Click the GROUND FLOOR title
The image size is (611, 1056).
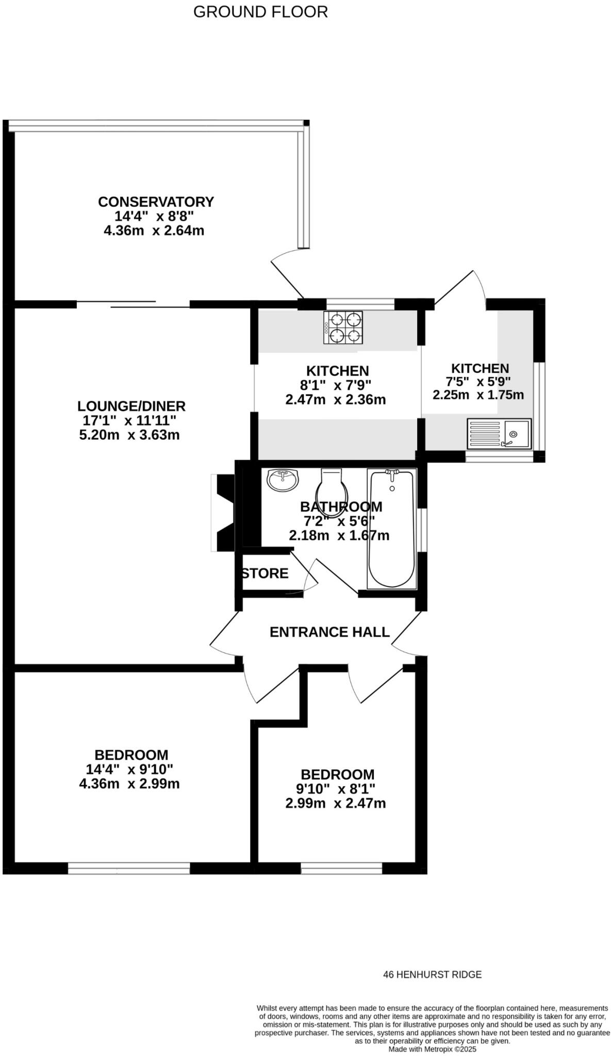[x=260, y=12]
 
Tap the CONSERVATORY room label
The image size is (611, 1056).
[x=156, y=202]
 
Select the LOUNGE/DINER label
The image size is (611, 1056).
[x=131, y=406]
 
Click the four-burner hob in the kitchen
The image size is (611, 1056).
[x=343, y=327]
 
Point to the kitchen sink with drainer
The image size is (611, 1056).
[x=499, y=433]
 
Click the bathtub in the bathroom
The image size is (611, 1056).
[x=392, y=529]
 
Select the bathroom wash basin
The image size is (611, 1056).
[x=283, y=481]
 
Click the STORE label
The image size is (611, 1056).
[x=265, y=573]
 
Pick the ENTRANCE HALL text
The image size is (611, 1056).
[x=329, y=632]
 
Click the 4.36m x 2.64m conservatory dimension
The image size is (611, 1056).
[x=154, y=230]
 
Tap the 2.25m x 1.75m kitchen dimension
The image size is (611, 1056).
[x=478, y=395]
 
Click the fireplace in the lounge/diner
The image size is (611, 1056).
[x=223, y=513]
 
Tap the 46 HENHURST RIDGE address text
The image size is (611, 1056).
[x=432, y=975]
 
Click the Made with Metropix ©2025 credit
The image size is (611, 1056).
[x=432, y=1049]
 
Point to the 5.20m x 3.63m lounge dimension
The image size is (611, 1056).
[x=129, y=435]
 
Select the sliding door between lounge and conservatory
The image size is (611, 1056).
[x=133, y=304]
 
